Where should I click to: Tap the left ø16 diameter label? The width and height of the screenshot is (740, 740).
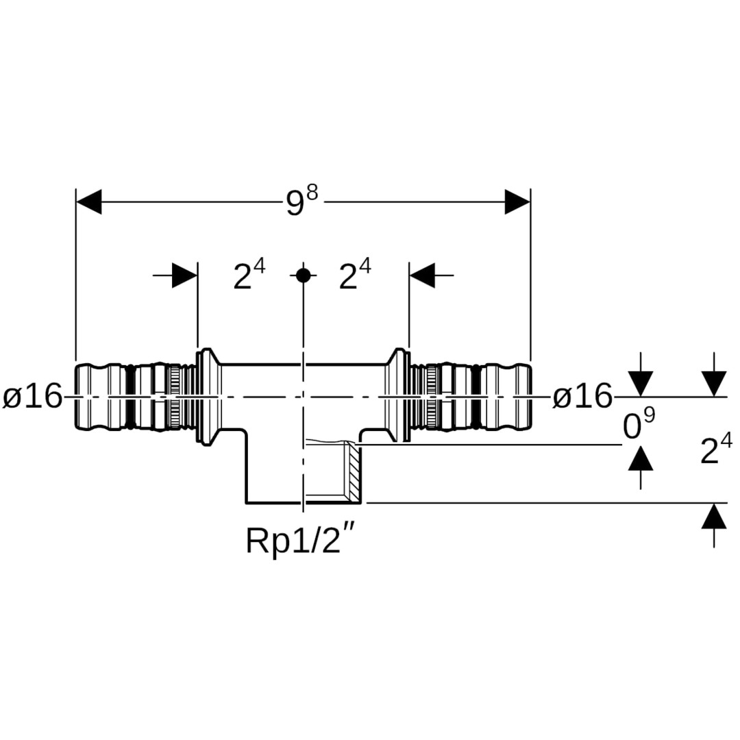[x=32, y=397]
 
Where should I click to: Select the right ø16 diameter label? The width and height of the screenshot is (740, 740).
[x=582, y=397]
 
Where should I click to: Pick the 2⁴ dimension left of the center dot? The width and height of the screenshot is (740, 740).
[x=249, y=276]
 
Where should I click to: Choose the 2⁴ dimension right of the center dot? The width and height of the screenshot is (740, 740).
[x=354, y=276]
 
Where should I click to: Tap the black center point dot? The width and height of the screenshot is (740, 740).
[x=303, y=275]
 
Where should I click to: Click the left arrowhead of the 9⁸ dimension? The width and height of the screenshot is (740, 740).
[x=89, y=201]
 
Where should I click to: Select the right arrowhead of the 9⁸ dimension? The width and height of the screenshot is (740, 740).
[x=517, y=201]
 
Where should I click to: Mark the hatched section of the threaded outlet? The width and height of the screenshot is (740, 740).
[x=352, y=471]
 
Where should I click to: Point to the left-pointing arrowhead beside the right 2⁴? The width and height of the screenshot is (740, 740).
[x=422, y=275]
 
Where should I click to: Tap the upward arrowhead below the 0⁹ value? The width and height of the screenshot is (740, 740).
[x=641, y=458]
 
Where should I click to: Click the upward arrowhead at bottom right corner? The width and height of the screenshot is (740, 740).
[x=714, y=516]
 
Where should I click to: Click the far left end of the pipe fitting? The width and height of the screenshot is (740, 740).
[x=77, y=397]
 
